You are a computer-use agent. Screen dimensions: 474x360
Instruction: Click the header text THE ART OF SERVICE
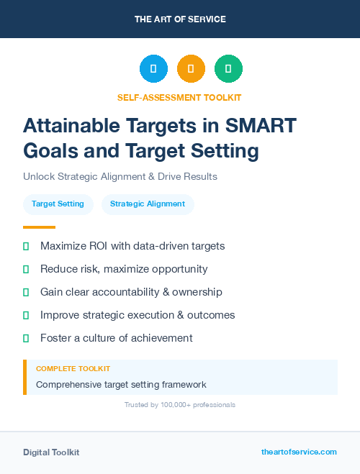click(x=180, y=19)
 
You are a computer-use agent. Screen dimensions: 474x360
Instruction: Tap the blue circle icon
click(x=153, y=69)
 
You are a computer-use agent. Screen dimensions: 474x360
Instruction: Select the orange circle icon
click(x=191, y=69)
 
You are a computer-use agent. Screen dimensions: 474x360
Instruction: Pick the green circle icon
click(x=228, y=69)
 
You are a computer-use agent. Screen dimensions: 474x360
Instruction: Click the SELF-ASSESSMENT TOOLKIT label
click(x=179, y=97)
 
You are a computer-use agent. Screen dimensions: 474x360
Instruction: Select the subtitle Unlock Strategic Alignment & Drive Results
click(x=120, y=176)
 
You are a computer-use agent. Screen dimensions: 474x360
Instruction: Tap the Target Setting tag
click(x=58, y=204)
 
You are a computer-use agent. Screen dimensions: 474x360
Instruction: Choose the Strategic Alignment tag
click(x=148, y=204)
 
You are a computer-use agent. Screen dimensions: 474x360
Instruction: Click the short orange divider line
click(x=39, y=227)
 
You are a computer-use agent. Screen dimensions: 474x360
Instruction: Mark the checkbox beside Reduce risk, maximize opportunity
click(x=26, y=269)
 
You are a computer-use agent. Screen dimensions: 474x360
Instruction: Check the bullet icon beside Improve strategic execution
click(x=26, y=315)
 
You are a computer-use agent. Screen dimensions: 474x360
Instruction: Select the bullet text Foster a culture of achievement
click(x=116, y=338)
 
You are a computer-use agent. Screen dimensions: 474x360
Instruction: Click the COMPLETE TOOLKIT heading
click(x=73, y=369)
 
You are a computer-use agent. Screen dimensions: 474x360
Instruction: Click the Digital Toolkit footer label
click(x=51, y=452)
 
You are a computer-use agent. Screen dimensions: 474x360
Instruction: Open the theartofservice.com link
click(x=299, y=452)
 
